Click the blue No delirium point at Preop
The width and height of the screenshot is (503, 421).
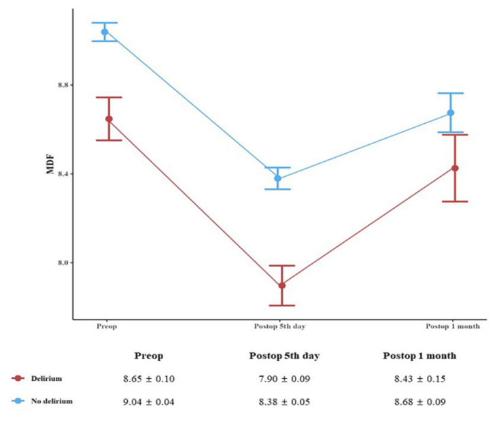pyautogui.click(x=105, y=32)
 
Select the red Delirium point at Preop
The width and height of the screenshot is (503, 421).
pyautogui.click(x=109, y=119)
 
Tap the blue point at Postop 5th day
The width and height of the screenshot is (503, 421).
pyautogui.click(x=277, y=178)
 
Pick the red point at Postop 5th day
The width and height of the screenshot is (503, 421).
pyautogui.click(x=281, y=285)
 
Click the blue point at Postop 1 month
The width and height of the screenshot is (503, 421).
pyautogui.click(x=451, y=113)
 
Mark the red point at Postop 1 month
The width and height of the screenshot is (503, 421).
pyautogui.click(x=455, y=168)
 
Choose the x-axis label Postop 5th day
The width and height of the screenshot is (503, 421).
pyautogui.click(x=279, y=326)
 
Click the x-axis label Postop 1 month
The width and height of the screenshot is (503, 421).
pyautogui.click(x=453, y=326)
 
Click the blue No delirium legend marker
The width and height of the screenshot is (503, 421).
pyautogui.click(x=18, y=401)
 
